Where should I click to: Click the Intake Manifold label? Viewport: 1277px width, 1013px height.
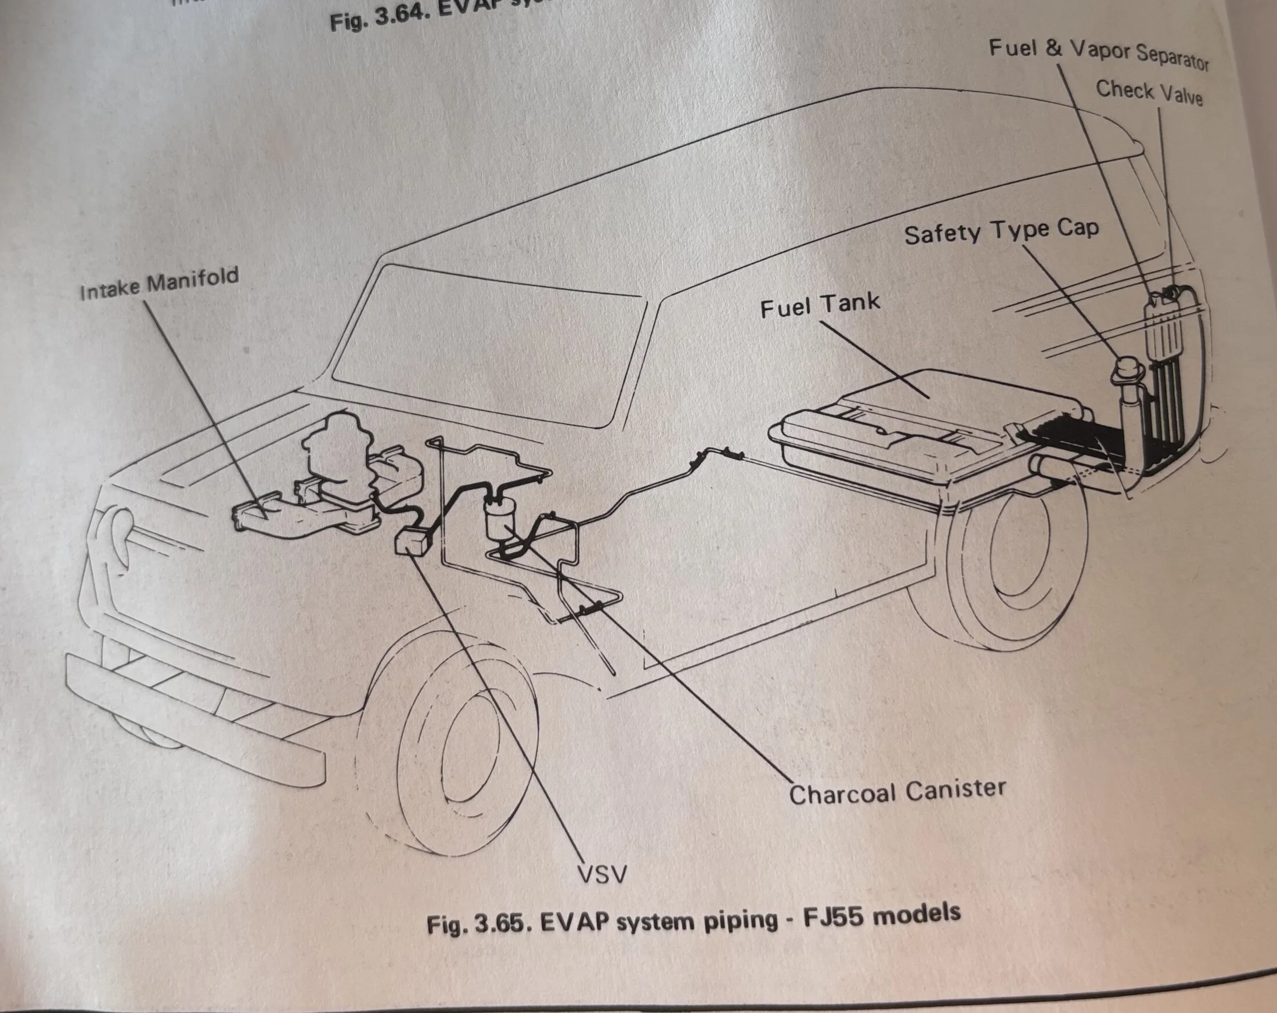click(x=159, y=284)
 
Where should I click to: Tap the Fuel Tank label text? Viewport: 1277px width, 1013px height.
click(x=820, y=306)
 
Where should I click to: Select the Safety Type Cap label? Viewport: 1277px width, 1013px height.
click(x=1001, y=231)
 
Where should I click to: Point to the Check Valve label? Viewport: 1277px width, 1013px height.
click(x=1149, y=92)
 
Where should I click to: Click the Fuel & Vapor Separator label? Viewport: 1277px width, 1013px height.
click(x=1099, y=55)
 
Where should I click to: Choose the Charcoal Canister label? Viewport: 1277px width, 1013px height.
click(x=897, y=792)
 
